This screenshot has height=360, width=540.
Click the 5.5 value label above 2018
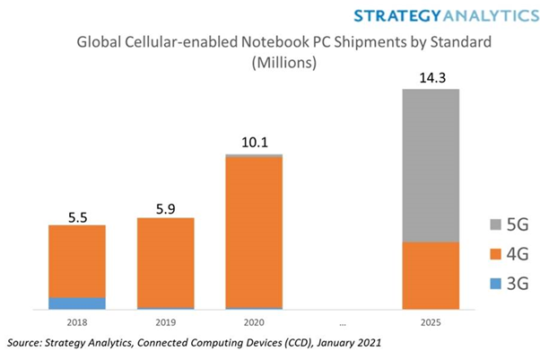pos(76,216)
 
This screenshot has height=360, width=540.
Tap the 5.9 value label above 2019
pos(165,209)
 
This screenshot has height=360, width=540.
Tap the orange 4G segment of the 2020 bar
pos(253,233)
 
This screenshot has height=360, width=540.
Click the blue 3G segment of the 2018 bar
pos(76,303)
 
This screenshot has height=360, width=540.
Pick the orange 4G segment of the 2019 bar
pos(165,262)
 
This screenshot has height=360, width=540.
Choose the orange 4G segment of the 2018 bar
pos(76,261)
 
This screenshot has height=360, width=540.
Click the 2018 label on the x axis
pos(76,321)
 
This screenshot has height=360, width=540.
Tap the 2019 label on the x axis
pos(165,321)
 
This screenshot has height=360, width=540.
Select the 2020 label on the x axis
pos(253,321)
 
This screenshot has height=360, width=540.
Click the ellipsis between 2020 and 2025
pos(342,321)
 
